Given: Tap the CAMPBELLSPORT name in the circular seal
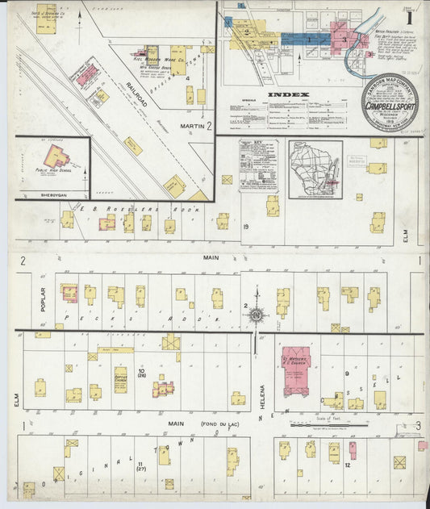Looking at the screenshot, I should pos(390,106).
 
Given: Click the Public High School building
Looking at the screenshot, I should pos(54,158).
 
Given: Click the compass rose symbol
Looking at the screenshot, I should pos(256,315).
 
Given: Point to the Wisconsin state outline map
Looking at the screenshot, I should pos(316,169).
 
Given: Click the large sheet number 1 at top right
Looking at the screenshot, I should pos(410,16).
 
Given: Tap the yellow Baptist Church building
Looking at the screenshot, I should pos(120,378).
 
